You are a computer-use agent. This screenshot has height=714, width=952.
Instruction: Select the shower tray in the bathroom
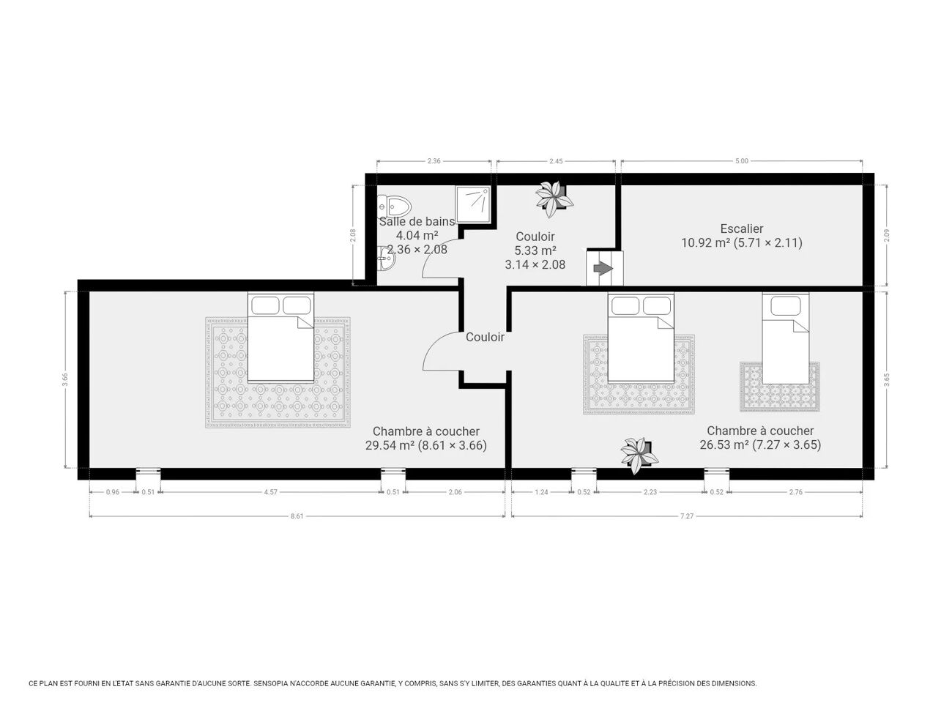point(473,204)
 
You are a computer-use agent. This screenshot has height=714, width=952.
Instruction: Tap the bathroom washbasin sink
point(386,259)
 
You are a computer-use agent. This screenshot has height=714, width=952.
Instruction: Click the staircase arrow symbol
point(603,268)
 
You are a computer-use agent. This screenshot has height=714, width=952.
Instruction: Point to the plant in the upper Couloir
point(554,199)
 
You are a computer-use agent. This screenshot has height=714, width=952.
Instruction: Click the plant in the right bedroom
point(639,455)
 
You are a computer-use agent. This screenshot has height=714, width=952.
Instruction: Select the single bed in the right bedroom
point(786,338)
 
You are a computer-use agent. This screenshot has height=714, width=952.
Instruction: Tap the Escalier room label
point(742,228)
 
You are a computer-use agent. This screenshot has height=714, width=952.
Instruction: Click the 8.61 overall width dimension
point(297,516)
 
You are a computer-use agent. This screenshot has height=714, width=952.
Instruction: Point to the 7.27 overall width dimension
point(687,516)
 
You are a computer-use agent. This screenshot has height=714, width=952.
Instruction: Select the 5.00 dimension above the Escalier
point(742,161)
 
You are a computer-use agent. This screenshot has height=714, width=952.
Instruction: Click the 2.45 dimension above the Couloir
point(556,161)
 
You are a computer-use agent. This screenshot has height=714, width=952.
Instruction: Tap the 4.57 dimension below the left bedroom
point(271,491)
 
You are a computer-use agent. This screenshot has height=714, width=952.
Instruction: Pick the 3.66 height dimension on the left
point(65,379)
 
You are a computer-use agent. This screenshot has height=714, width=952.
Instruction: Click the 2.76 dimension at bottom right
point(796,491)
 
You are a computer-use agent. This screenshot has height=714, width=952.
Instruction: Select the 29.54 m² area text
point(390,445)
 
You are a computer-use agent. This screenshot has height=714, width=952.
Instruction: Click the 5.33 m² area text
point(535,250)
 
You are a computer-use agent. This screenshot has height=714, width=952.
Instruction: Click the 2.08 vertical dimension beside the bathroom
point(353,235)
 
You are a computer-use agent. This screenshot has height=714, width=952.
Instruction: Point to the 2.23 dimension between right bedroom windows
point(650,491)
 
